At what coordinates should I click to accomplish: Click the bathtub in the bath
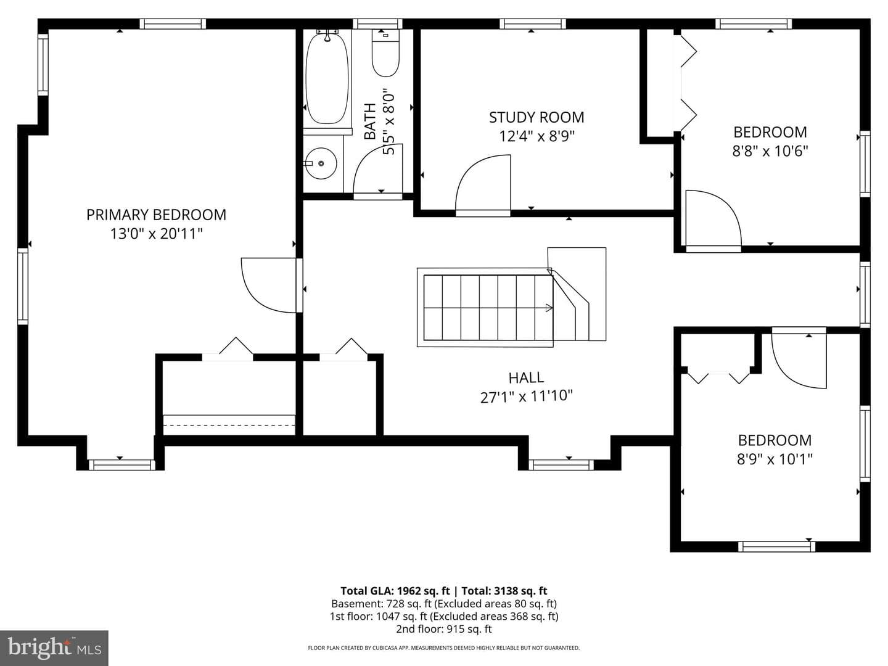point(326,78)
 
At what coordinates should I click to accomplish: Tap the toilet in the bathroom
point(385,53)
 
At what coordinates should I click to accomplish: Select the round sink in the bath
point(321,163)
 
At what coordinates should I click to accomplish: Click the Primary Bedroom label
point(156,215)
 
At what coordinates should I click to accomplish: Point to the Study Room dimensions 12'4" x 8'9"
point(536,136)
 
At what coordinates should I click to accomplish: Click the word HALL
point(526,377)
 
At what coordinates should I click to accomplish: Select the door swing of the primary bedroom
point(269,285)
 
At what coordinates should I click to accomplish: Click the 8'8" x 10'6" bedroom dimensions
point(770,151)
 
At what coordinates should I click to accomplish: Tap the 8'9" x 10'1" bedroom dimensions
point(775,459)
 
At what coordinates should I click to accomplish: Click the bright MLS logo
point(54,647)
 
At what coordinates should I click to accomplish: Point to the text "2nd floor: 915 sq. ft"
point(444,629)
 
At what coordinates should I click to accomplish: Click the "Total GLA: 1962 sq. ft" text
point(395,591)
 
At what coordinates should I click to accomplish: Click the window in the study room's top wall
point(532,24)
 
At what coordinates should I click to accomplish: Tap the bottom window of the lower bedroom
point(776,547)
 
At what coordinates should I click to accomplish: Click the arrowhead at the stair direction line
point(549,308)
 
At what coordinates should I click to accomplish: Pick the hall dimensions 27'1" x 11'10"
point(527,397)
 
